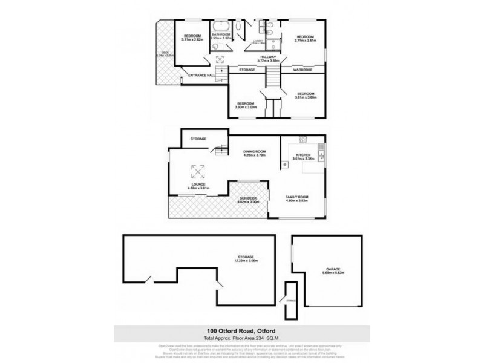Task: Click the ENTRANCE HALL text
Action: point(202,75)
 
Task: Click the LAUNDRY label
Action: point(258,40)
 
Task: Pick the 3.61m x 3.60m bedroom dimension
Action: point(305,97)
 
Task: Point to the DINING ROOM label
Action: point(255,151)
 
